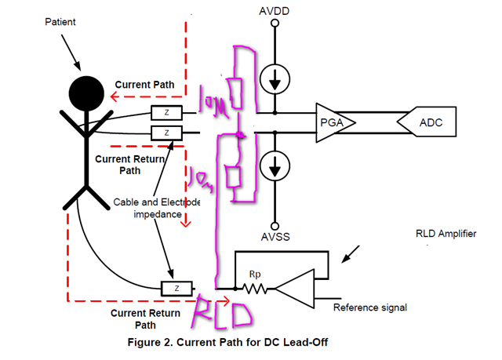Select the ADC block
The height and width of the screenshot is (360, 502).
431,122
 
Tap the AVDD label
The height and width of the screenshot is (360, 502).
275,11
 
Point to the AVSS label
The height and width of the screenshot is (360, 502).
275,236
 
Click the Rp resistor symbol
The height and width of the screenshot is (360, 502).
255,287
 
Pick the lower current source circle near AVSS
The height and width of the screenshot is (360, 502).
275,165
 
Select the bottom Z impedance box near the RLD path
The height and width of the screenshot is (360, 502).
176,289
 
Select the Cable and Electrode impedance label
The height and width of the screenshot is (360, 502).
158,207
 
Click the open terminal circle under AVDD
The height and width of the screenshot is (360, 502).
275,24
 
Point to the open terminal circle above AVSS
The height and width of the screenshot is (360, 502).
275,223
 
